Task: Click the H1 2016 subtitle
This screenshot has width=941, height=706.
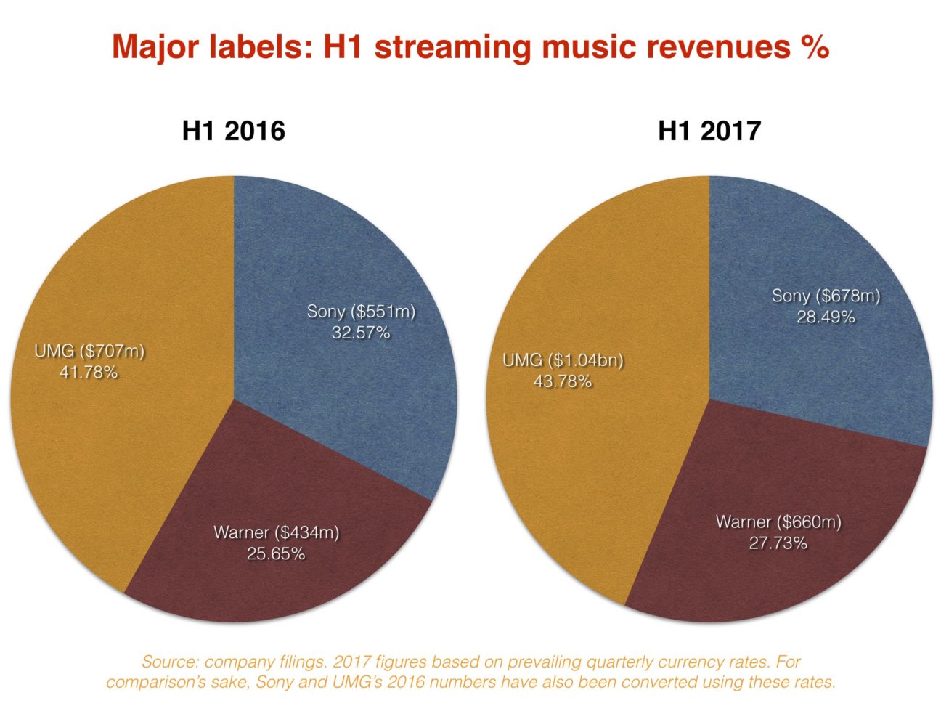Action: [x=233, y=131]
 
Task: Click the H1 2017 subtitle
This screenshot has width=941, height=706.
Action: [x=709, y=131]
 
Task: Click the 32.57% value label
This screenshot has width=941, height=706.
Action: [x=361, y=333]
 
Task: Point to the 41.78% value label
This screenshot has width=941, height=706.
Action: [x=89, y=373]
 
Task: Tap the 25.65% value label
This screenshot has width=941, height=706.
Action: [x=276, y=553]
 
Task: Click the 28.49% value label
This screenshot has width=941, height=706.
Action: [x=826, y=317]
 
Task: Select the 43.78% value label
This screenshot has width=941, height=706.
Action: [x=563, y=381]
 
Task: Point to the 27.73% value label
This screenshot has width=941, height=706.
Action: [x=778, y=543]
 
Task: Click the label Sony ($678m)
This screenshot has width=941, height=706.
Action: [x=826, y=296]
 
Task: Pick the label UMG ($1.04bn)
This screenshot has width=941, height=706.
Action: [x=563, y=360]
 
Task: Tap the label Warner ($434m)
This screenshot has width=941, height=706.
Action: [x=276, y=532]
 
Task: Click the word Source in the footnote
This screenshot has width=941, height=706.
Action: [x=169, y=662]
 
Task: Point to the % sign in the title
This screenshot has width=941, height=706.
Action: [x=816, y=47]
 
